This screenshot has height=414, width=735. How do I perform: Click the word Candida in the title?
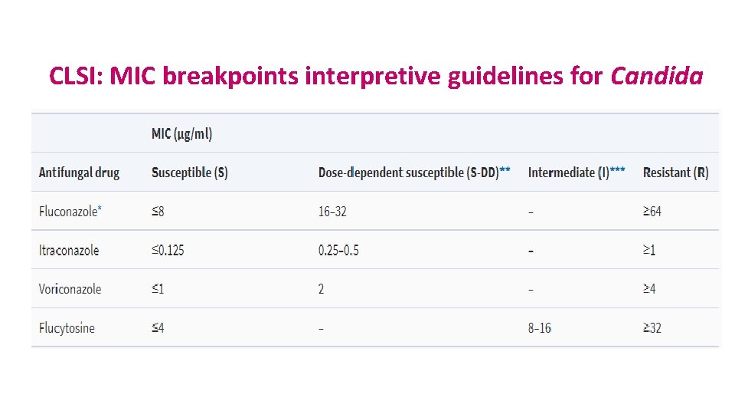(x=656, y=76)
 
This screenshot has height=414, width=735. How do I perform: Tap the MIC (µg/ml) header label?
(x=181, y=134)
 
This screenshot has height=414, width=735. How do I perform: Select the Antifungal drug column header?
(x=79, y=172)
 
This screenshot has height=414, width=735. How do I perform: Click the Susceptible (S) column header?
(x=189, y=172)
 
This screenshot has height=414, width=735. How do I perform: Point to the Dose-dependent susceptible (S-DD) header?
(x=413, y=172)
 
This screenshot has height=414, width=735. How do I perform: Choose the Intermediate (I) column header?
(x=576, y=172)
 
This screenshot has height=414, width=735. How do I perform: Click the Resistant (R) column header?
(x=675, y=172)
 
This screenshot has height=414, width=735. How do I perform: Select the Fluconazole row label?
(x=69, y=212)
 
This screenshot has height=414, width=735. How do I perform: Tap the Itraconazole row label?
(x=69, y=251)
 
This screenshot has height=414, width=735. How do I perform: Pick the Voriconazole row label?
(x=70, y=289)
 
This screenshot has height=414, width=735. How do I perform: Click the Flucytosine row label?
(x=67, y=328)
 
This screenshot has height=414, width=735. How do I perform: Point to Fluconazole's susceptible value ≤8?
(x=158, y=212)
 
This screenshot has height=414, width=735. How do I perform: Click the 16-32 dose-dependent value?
(x=332, y=212)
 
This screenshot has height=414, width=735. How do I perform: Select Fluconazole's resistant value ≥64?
(x=652, y=212)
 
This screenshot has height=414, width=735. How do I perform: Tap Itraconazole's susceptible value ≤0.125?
(x=168, y=251)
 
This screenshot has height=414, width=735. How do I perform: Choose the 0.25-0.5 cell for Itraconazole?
(x=338, y=251)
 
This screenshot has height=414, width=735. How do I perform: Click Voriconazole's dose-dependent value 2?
(x=322, y=289)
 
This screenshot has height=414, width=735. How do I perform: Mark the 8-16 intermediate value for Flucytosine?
(x=539, y=328)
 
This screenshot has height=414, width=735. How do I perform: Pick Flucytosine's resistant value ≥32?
(x=652, y=328)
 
